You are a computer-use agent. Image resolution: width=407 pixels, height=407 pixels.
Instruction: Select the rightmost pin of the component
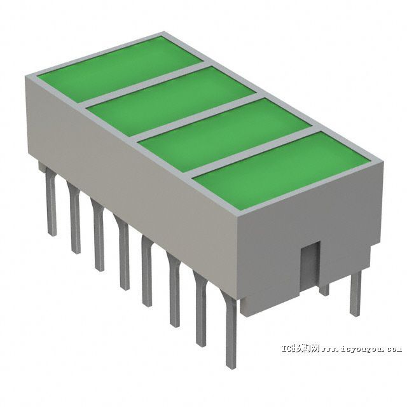[355, 293]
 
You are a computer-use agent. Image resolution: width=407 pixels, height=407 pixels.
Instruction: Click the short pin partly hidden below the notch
[324, 289]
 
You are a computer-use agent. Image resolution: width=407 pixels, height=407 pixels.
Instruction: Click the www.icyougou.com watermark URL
[362, 348]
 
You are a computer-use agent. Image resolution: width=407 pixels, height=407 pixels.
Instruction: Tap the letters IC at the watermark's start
[287, 348]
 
